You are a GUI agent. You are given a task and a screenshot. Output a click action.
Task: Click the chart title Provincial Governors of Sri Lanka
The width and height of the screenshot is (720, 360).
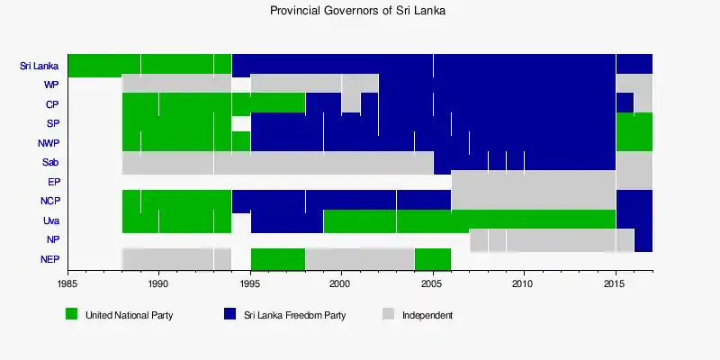point(358,12)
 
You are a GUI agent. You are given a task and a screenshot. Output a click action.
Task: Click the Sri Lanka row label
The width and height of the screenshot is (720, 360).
point(39,66)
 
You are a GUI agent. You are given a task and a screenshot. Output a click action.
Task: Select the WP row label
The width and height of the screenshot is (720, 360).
point(50,85)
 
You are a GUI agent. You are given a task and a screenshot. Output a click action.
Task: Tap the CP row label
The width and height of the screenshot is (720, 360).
point(51,104)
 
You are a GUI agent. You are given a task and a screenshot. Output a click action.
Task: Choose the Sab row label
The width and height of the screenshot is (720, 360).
point(50,163)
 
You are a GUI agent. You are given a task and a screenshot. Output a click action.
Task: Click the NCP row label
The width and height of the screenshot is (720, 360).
point(49,202)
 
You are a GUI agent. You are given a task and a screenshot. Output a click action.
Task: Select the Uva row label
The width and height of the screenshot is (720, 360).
point(50,220)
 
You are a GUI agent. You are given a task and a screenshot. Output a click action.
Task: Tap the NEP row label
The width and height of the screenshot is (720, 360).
point(49,260)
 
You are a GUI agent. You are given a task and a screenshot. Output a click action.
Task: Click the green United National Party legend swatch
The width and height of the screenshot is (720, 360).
point(72,315)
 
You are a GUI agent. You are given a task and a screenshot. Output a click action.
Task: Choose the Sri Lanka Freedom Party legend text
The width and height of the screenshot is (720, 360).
point(294,316)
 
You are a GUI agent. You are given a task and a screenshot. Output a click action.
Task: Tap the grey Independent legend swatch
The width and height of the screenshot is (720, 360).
point(388,315)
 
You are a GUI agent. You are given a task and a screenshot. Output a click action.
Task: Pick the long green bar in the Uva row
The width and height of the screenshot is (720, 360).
point(469,220)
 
